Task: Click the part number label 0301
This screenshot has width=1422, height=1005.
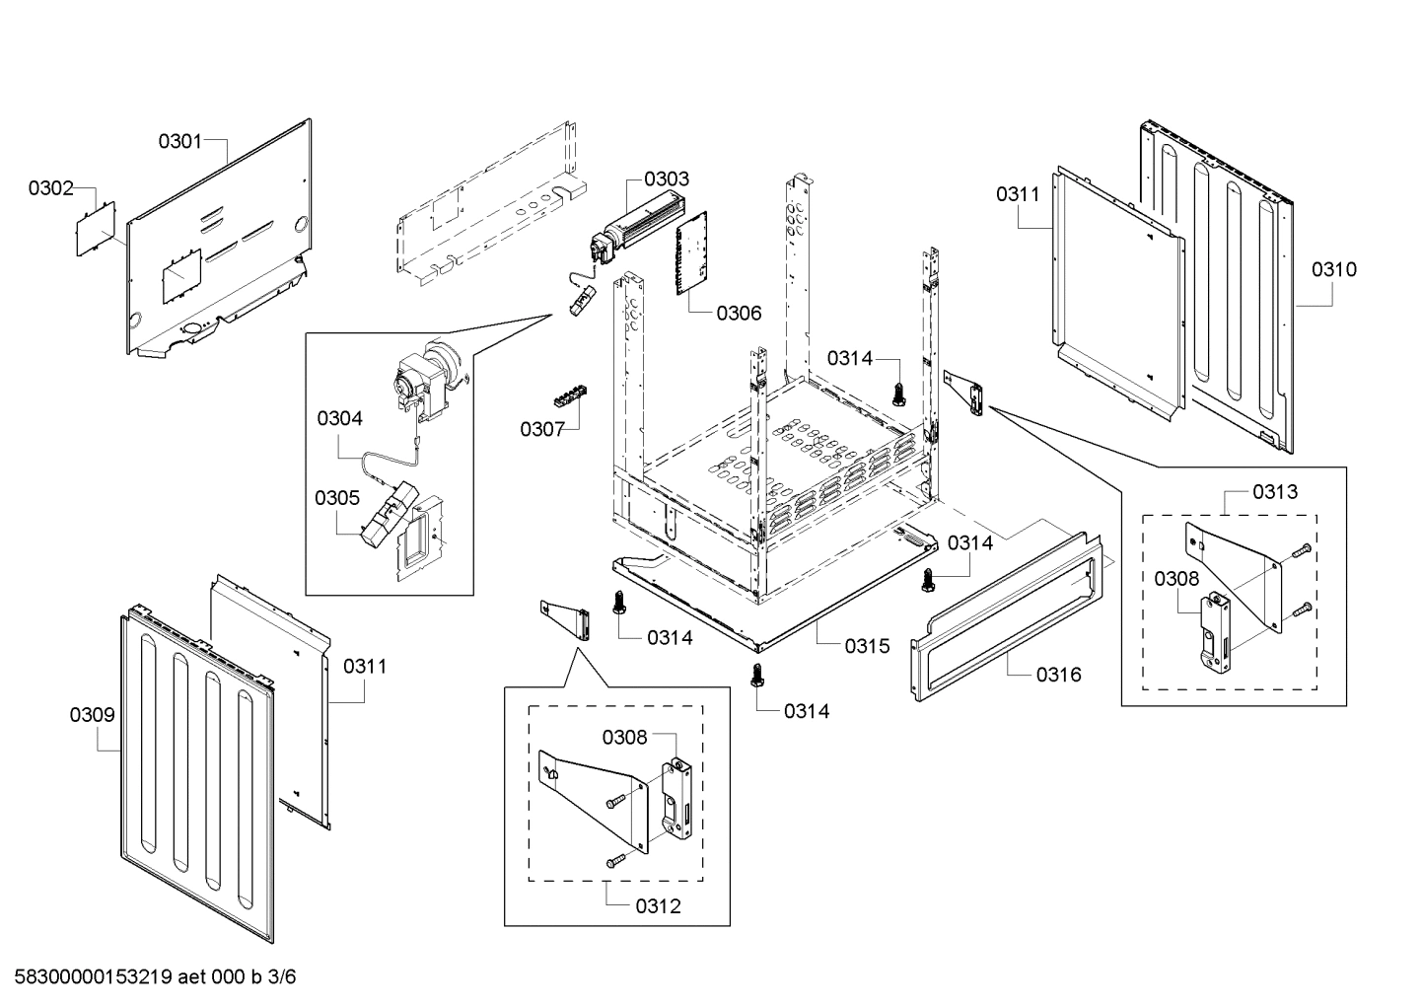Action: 179,141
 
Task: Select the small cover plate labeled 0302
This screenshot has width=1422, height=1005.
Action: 97,228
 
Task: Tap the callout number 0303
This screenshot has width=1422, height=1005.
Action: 667,179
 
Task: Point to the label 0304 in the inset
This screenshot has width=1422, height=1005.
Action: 339,418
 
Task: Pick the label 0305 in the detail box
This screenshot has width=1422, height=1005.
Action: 337,497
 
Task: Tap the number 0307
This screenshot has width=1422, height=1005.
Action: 542,429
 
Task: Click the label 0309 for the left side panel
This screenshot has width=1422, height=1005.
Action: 92,715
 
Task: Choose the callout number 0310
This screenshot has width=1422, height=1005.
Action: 1333,269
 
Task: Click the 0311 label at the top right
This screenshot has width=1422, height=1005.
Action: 1018,194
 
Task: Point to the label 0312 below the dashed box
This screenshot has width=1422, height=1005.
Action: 658,906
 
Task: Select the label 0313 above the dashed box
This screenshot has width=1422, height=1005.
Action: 1275,491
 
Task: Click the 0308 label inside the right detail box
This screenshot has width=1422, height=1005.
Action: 1176,579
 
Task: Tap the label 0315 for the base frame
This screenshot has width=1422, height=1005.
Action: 867,646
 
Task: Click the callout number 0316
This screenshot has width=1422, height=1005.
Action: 1058,675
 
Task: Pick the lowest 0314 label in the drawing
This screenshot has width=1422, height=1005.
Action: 807,711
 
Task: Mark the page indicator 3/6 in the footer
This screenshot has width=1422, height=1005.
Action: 281,977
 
